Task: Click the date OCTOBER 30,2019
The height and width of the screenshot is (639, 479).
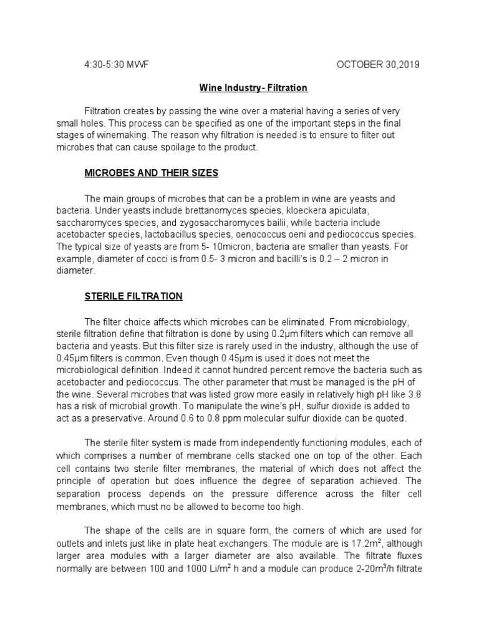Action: click(378, 64)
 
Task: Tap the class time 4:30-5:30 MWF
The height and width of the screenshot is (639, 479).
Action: click(117, 64)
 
